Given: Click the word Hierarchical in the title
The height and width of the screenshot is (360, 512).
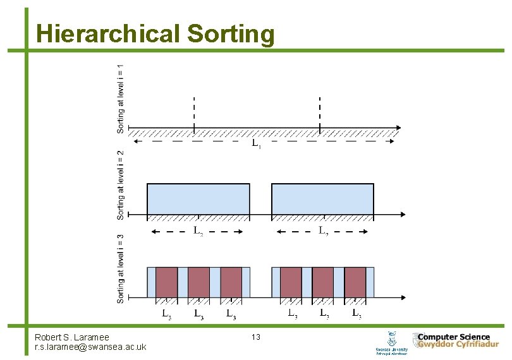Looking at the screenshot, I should [x=108, y=34].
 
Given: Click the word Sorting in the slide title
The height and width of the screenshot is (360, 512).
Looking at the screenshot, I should [x=231, y=34].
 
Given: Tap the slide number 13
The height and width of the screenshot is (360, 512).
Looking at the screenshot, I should [x=256, y=337].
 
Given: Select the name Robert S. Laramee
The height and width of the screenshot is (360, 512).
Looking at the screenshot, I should [x=72, y=338].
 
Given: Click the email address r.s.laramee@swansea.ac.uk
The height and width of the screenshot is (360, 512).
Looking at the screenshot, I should [x=90, y=347].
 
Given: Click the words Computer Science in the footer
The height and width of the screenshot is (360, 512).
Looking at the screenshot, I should [x=453, y=337].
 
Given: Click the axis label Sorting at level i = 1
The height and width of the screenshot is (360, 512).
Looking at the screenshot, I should [x=120, y=98].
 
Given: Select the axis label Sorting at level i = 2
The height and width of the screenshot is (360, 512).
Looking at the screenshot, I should [x=120, y=184].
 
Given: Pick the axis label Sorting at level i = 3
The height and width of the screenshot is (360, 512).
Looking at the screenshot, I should [x=120, y=268].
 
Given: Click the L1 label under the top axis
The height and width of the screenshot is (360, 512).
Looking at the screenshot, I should [x=256, y=144].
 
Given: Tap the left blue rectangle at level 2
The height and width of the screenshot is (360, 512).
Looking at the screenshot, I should [x=198, y=199].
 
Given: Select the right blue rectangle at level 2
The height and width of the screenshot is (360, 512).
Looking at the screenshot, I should [x=322, y=199].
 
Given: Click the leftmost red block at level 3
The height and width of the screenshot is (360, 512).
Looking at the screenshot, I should [x=167, y=282].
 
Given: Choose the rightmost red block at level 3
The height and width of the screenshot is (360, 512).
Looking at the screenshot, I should [x=355, y=282].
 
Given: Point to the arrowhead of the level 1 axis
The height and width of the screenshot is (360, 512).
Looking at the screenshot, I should [x=397, y=129].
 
